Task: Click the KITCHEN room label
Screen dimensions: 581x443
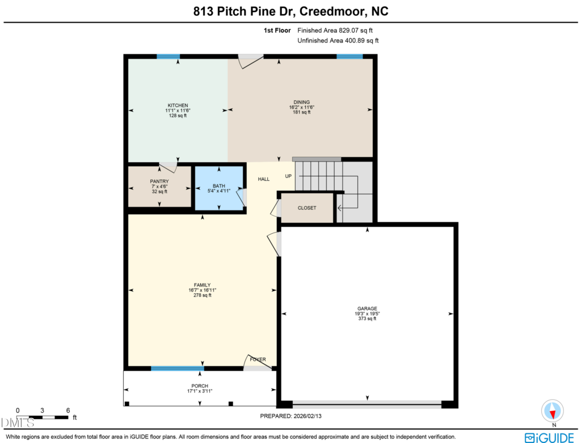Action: coord(178,106)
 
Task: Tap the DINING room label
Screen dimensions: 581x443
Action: coord(302,102)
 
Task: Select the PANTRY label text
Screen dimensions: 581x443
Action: coord(159,182)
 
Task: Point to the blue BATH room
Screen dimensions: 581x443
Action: coord(219,188)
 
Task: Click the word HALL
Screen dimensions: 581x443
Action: coord(264,179)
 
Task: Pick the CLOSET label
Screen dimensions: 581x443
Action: coord(307,208)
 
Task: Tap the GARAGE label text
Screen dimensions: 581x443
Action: coord(367,309)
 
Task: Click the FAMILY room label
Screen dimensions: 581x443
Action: coord(203,285)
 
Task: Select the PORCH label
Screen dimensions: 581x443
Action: coord(200,386)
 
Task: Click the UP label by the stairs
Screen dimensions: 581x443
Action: coord(288,176)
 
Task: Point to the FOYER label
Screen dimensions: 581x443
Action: coord(258,359)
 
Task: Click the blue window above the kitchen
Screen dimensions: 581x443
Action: coord(168,57)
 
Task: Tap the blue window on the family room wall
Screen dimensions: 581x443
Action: coord(178,369)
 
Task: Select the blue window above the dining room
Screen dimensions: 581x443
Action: coord(350,57)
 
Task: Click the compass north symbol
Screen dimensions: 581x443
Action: coord(553,411)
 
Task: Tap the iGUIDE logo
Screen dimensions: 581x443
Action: coord(549,438)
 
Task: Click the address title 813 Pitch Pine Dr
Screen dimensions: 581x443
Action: coord(244,11)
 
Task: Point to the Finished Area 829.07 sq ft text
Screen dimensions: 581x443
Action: coord(335,31)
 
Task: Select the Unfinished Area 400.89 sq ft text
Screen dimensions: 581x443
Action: coord(338,40)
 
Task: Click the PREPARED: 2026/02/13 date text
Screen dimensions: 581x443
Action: coord(291,416)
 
